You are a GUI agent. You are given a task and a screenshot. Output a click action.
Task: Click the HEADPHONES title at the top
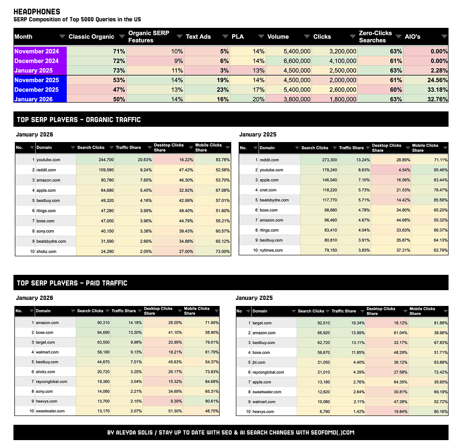[37, 12]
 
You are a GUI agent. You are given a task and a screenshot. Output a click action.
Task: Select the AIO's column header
[414, 37]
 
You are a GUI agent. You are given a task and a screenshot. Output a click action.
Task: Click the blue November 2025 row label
[37, 80]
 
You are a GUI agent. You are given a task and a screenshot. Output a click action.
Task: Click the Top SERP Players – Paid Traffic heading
[72, 283]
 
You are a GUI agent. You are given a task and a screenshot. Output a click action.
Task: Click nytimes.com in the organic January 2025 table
[272, 250]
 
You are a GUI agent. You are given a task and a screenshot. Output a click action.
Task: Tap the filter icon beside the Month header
[62, 37]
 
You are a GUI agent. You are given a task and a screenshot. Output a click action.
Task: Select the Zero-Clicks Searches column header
[375, 37]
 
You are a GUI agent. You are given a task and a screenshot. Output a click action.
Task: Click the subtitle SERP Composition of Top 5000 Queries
[77, 19]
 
